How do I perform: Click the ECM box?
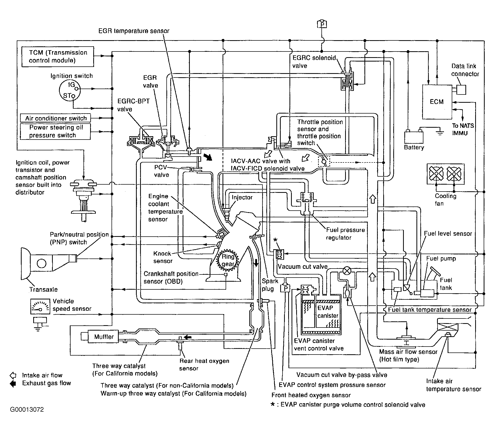click(x=437, y=102)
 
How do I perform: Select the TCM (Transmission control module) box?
click(x=58, y=57)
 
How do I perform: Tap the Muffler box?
click(x=104, y=337)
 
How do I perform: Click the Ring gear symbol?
click(x=228, y=260)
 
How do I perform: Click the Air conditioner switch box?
click(x=55, y=118)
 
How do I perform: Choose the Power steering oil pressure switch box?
click(x=55, y=132)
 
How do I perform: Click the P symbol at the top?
click(x=322, y=24)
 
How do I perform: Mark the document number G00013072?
click(x=27, y=410)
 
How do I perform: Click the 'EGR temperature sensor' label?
click(x=134, y=31)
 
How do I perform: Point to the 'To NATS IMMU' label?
click(x=463, y=130)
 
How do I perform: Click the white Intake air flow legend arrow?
click(x=12, y=375)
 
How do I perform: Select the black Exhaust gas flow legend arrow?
click(x=12, y=383)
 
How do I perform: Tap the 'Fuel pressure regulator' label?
click(x=345, y=234)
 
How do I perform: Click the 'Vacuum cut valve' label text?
click(x=303, y=267)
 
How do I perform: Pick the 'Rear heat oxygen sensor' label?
click(x=204, y=365)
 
